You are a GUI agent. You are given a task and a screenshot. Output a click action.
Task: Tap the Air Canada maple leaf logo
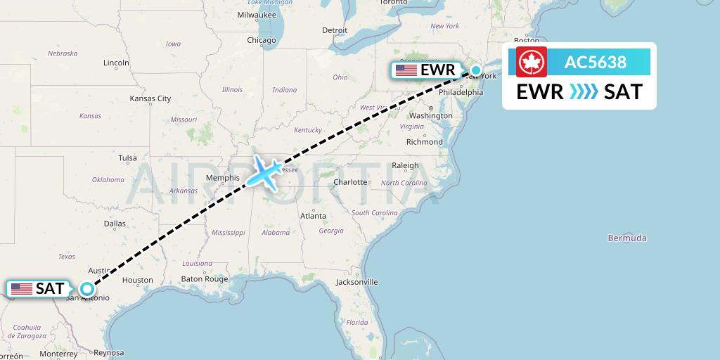tap(532, 63)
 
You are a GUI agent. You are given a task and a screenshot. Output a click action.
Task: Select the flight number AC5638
tap(595, 62)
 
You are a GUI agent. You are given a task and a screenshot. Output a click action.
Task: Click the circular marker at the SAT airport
tap(86, 288)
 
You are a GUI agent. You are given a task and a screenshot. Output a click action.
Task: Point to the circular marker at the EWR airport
tap(476, 70)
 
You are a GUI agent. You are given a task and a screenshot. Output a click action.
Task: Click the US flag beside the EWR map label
tap(406, 70)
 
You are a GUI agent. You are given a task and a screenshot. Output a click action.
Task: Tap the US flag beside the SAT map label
tap(22, 289)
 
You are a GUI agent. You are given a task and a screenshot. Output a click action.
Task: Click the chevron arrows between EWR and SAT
tap(583, 91)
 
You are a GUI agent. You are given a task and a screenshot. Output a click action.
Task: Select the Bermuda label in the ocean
tap(626, 238)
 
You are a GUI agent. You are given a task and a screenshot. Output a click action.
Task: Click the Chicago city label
tap(261, 41)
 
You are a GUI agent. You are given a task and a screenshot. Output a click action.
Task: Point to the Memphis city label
tap(223, 178)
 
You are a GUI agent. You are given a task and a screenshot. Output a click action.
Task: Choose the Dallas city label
tap(115, 224)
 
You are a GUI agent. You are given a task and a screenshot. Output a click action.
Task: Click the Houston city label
tap(137, 280)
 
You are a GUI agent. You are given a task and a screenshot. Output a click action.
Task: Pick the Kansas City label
tap(150, 99)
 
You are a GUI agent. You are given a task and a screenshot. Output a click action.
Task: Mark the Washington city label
tap(430, 115)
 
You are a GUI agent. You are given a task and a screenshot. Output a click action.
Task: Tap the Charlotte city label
tap(351, 182)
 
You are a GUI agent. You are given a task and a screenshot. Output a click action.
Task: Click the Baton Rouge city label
tap(205, 279)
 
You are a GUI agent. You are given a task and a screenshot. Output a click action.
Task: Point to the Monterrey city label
tap(58, 354)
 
